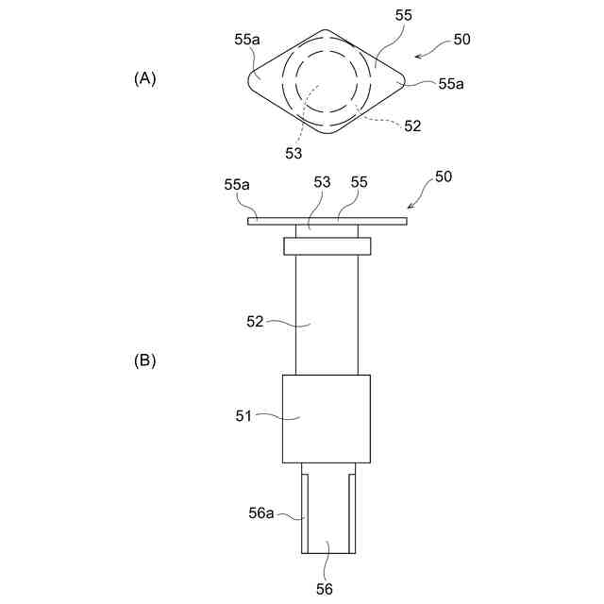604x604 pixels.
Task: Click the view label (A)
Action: click(x=144, y=79)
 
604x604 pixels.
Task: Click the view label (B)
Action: click(x=144, y=361)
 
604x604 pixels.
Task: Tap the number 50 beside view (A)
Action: click(x=461, y=40)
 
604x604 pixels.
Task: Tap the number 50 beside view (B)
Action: click(x=443, y=177)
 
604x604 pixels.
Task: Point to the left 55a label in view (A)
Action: click(x=247, y=41)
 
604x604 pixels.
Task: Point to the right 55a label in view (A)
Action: click(x=451, y=83)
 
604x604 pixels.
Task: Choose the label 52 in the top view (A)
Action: click(x=412, y=126)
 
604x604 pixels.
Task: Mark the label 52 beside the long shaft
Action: click(x=256, y=322)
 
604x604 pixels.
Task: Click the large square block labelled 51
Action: click(x=326, y=418)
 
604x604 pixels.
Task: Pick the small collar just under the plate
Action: click(x=327, y=245)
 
